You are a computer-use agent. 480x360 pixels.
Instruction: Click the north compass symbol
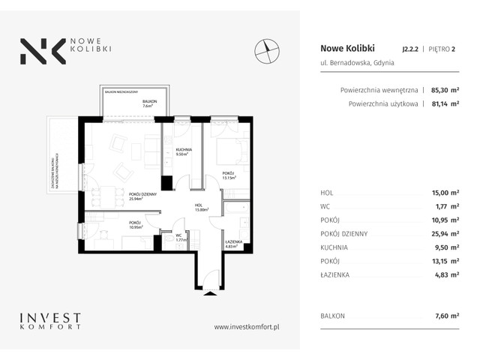(x=267, y=49)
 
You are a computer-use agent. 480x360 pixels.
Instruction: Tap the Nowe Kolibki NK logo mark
(x=37, y=50)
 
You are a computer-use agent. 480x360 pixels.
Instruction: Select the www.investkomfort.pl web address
(x=247, y=326)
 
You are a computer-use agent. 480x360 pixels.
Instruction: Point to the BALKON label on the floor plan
(x=150, y=100)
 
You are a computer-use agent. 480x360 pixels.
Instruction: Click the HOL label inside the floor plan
(x=199, y=205)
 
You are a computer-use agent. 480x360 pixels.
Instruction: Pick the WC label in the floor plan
(x=179, y=235)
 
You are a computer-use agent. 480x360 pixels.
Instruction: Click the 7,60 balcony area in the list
(x=426, y=316)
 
